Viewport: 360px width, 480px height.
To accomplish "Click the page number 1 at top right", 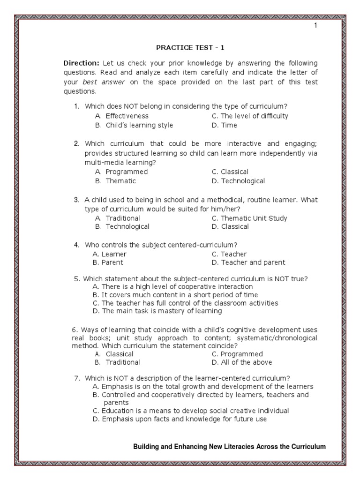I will (315, 25).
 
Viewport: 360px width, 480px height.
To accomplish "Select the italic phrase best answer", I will (99, 82).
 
